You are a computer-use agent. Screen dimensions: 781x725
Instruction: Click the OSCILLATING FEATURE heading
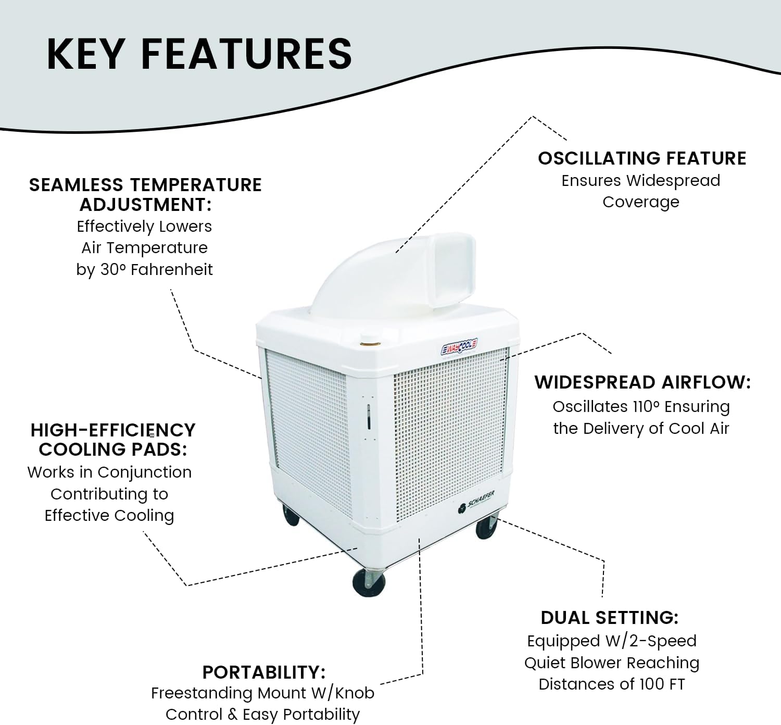tap(642, 158)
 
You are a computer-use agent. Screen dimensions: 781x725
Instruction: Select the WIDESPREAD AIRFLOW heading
tap(643, 382)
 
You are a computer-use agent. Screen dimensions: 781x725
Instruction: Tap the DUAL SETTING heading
tap(610, 618)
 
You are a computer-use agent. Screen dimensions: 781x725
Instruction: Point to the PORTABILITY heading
tap(264, 672)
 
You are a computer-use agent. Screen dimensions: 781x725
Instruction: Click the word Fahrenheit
tap(171, 270)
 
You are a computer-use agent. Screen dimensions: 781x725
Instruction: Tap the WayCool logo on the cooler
tap(459, 347)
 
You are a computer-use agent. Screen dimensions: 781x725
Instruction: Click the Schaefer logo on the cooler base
tap(476, 502)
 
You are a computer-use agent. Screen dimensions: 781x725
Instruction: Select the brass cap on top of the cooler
tap(370, 343)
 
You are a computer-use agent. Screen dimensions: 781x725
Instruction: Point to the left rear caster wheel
tap(291, 515)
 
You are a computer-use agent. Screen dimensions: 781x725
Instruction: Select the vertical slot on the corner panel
tap(369, 417)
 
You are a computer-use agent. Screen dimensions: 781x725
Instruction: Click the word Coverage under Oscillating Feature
tap(641, 202)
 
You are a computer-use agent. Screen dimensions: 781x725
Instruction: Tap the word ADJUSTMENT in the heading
tap(146, 205)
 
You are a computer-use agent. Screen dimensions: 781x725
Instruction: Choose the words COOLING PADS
tap(113, 449)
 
